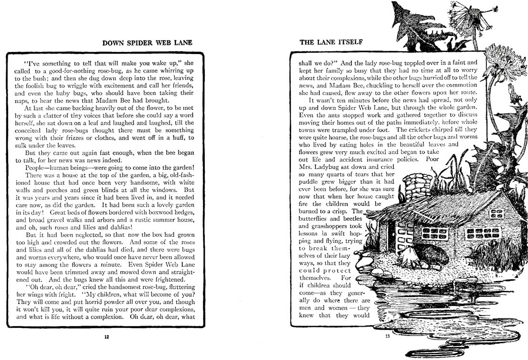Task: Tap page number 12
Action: click(106, 337)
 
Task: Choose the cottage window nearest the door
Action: click(435, 233)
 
